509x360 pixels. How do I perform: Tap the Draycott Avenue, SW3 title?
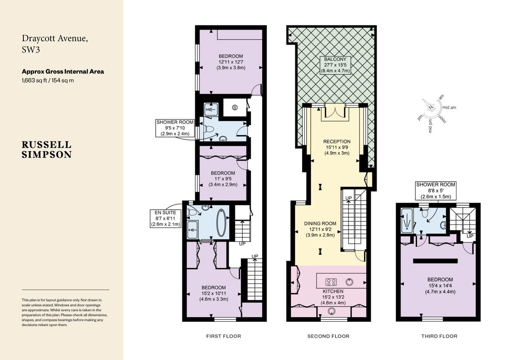point(55,44)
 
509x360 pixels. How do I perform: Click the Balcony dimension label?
point(336,65)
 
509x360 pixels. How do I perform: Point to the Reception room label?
point(337,147)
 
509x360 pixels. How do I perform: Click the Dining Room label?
point(320,229)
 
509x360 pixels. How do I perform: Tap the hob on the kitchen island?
point(331,281)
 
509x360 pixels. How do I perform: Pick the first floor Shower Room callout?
point(175,128)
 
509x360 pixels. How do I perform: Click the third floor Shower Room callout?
point(436,191)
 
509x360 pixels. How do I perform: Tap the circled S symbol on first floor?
point(235,108)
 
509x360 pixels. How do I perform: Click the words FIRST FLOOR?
point(224,336)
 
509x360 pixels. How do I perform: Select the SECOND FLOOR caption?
point(328,336)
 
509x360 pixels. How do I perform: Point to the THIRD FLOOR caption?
point(439,336)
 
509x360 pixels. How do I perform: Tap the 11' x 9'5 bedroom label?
point(223,179)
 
